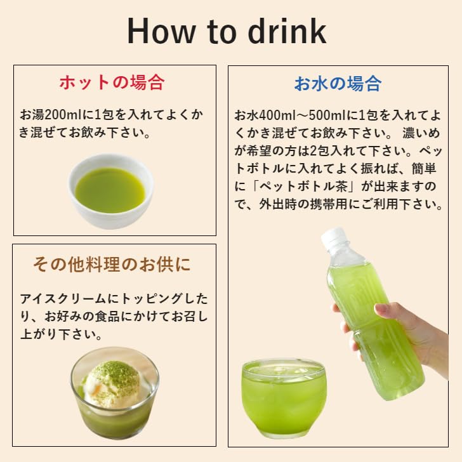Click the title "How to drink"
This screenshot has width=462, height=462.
pyautogui.click(x=227, y=31)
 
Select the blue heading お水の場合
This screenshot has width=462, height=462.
pyautogui.click(x=337, y=83)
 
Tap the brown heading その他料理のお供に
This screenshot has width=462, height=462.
pyautogui.click(x=112, y=265)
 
